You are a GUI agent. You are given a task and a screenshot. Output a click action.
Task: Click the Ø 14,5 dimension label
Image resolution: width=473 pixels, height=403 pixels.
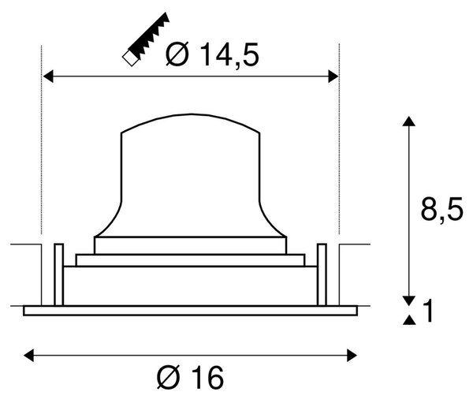(212, 54)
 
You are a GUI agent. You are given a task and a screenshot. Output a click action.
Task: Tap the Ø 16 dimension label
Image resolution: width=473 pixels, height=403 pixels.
(190, 377)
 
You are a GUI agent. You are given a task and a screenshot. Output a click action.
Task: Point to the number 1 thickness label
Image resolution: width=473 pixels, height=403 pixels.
(428, 311)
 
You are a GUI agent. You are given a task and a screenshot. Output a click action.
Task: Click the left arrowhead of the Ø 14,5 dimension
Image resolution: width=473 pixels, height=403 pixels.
(48, 76)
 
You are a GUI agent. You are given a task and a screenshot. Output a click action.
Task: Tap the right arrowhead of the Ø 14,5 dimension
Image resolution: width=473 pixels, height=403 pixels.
(333, 76)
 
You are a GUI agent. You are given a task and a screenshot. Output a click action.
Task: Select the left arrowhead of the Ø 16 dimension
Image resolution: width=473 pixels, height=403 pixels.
(28, 356)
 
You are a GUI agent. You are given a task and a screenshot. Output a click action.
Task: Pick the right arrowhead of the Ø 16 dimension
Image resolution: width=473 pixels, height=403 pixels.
(352, 356)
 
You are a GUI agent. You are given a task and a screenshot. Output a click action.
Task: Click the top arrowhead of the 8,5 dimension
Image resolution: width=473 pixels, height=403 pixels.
(409, 121)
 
